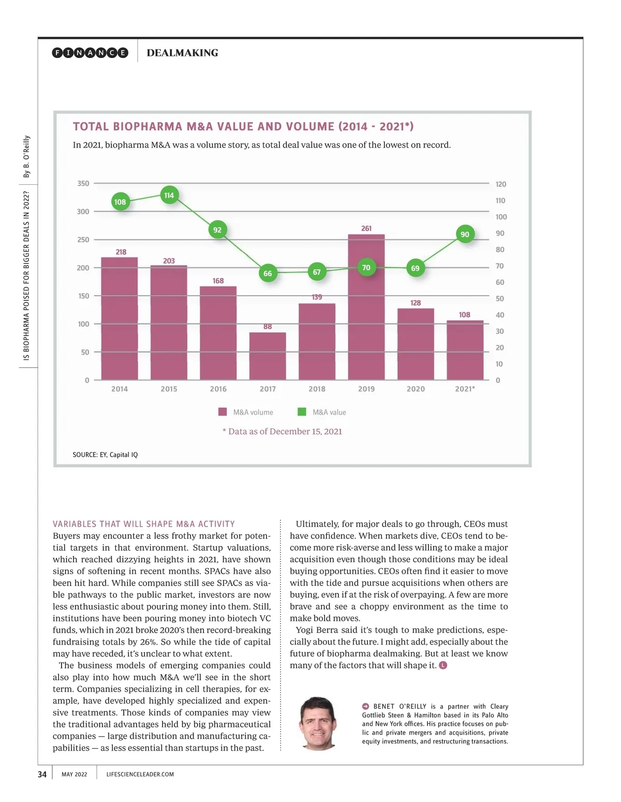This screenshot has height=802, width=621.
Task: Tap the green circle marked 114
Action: (169, 195)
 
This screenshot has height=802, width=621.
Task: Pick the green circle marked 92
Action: (217, 230)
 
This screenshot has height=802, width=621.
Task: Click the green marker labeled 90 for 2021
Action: (465, 235)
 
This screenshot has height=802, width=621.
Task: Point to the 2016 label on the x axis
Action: (218, 389)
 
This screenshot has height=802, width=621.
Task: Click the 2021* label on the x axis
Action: (465, 389)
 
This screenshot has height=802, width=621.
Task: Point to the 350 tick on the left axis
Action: (83, 183)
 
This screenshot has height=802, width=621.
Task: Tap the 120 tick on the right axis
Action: (500, 184)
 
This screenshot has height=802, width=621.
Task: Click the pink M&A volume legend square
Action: (223, 412)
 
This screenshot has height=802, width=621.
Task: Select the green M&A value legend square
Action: (302, 412)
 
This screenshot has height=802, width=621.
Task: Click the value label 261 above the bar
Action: (366, 228)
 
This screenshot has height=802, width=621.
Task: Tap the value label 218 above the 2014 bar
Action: (121, 252)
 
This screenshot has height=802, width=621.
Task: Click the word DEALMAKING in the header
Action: (182, 53)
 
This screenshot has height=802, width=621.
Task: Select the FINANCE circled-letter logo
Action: (90, 53)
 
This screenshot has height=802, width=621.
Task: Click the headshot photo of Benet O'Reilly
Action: (319, 723)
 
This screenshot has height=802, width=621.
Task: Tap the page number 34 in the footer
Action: (42, 775)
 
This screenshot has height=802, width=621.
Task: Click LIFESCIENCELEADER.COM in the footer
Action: (140, 775)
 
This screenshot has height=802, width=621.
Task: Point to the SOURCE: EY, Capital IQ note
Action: (105, 455)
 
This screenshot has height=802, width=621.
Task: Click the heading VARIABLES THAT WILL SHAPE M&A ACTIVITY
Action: (144, 524)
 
